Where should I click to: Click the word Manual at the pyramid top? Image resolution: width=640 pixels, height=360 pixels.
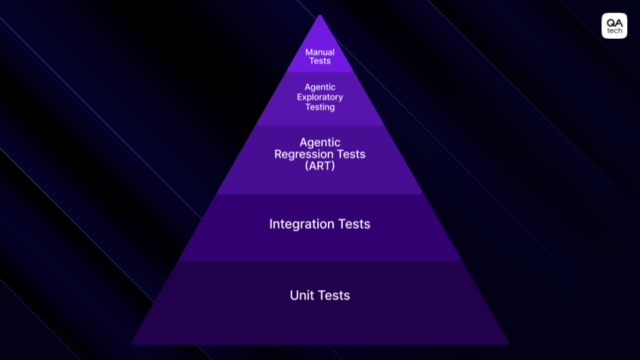[320, 52]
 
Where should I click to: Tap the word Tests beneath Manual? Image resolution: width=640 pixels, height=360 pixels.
[320, 61]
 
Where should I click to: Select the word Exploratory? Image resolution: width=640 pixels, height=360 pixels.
[320, 97]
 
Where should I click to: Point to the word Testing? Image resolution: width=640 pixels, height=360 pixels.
[320, 107]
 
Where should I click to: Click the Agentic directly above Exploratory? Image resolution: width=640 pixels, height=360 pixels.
[320, 87]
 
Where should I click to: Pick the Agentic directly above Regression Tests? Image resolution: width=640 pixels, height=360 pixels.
[320, 143]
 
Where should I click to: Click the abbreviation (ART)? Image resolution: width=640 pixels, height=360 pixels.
[320, 166]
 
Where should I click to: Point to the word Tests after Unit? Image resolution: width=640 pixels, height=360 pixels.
[335, 295]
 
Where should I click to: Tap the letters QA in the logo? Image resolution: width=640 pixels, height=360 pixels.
[614, 22]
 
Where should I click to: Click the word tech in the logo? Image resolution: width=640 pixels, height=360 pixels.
[614, 31]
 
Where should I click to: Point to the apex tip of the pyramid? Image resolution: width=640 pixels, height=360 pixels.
[320, 16]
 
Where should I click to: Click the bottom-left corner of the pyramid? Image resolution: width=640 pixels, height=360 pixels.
[133, 343]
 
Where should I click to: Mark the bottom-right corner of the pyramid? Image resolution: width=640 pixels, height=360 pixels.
[507, 343]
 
